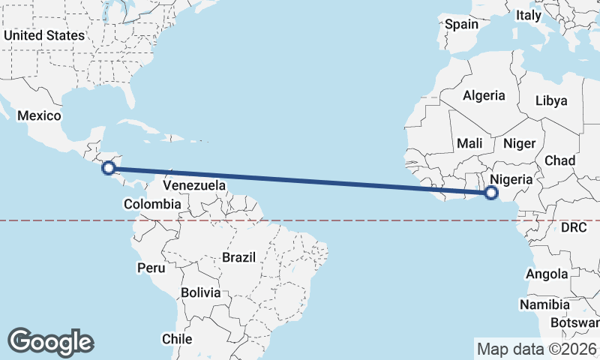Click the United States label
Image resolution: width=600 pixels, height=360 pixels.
coord(44,35)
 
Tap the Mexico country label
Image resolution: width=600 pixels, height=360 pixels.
coord(38,115)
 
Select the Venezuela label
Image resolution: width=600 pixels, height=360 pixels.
coord(194,184)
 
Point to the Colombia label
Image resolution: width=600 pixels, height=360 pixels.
coord(152,203)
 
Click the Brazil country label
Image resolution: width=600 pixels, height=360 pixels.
coord(238,257)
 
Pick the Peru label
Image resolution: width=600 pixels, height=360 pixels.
coord(150,267)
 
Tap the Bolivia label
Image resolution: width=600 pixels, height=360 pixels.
coord(200,292)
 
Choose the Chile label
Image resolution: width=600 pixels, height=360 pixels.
coord(178,339)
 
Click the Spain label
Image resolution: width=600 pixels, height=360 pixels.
coord(461,24)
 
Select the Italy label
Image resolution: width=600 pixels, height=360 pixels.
coord(528,15)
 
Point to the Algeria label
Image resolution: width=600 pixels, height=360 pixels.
coord(484,96)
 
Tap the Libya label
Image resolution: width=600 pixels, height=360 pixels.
coord(551,100)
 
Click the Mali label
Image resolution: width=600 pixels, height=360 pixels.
coord(469,143)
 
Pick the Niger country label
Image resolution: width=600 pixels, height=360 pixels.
coord(519,143)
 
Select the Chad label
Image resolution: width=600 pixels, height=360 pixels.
coord(559,160)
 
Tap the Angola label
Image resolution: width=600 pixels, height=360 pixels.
coord(547,274)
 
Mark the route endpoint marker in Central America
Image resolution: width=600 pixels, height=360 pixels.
coord(109,168)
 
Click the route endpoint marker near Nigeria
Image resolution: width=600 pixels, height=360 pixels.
coord(490,193)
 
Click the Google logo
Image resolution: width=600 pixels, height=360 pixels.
coord(50,342)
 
